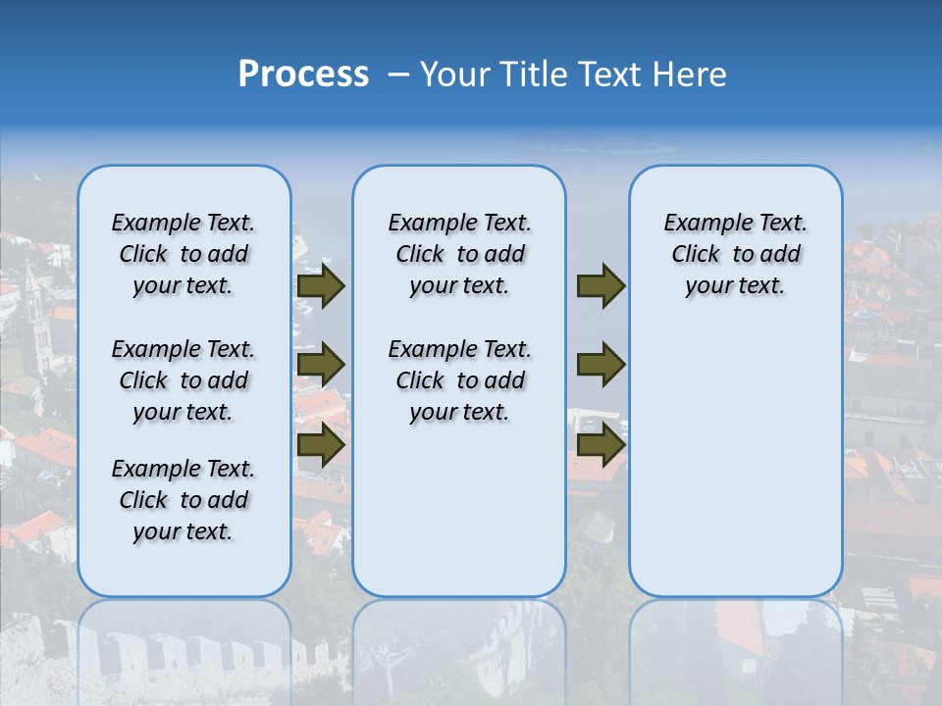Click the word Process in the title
pyautogui.click(x=303, y=75)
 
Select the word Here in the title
pyautogui.click(x=689, y=75)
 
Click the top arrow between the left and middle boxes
pyautogui.click(x=321, y=286)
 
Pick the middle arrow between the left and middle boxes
pyautogui.click(x=321, y=366)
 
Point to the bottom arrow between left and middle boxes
pyautogui.click(x=321, y=445)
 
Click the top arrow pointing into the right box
pyautogui.click(x=601, y=286)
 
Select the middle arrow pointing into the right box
pyautogui.click(x=601, y=366)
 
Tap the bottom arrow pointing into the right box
pyautogui.click(x=601, y=445)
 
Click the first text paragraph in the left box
pyautogui.click(x=183, y=254)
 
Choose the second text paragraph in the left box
pyautogui.click(x=183, y=380)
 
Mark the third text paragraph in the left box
pyautogui.click(x=183, y=500)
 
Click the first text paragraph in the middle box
pyautogui.click(x=459, y=254)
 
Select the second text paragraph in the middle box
pyautogui.click(x=459, y=380)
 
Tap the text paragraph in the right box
pyautogui.click(x=735, y=254)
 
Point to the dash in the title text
pyautogui.click(x=398, y=76)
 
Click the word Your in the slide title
pyautogui.click(x=455, y=75)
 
